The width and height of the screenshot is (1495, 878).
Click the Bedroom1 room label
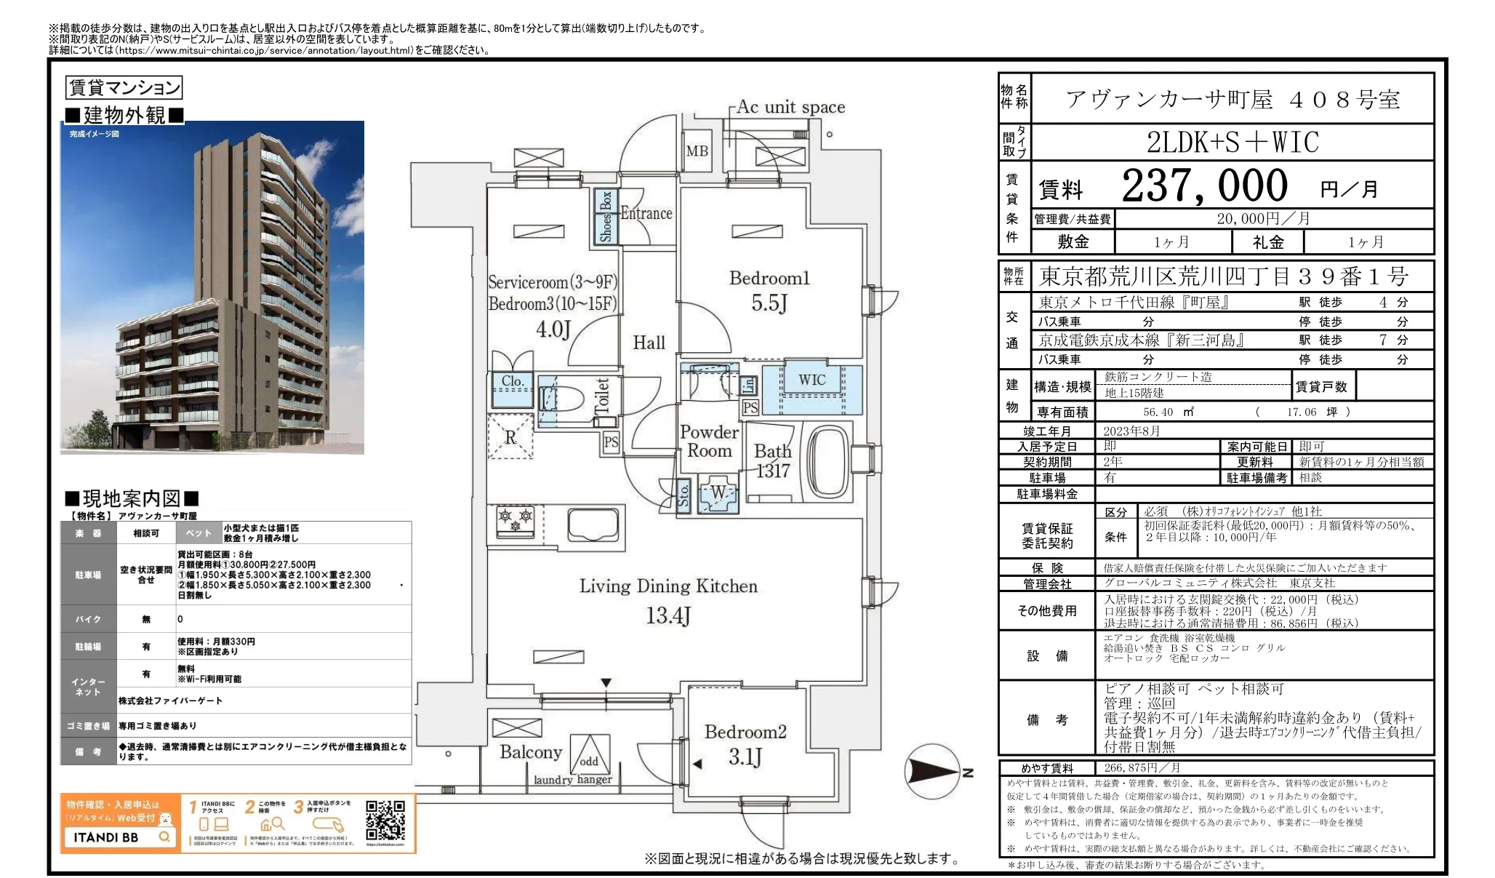769,279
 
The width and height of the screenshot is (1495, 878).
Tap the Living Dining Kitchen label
668,586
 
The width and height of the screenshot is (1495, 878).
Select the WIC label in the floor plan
811,380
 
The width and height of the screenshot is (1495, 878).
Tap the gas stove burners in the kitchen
516,520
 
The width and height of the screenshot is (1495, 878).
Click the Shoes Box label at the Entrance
606,216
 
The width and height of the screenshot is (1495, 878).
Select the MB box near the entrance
697,151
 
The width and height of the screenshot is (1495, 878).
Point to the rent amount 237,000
1203,185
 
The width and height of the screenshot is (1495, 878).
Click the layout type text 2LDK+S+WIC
1233,143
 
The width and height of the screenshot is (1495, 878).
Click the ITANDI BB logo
106,837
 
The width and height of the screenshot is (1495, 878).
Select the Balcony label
531,752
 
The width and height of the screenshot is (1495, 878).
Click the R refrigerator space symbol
510,436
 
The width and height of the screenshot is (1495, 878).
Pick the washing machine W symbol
718,493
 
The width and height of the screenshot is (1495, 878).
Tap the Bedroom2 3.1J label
745,744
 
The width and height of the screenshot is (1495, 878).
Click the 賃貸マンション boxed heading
124,88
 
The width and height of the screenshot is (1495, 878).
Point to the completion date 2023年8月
1131,431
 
